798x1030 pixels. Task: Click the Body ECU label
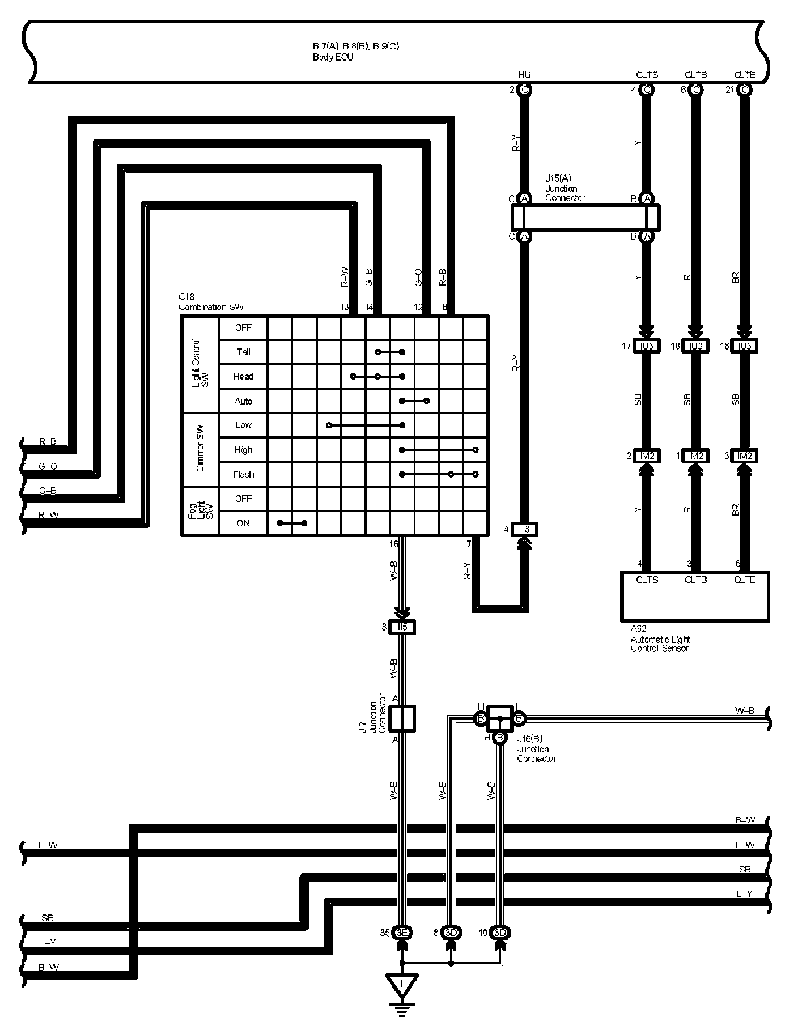[333, 57]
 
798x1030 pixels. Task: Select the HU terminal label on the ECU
[524, 75]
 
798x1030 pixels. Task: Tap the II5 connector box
[402, 627]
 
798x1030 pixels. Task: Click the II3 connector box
[524, 529]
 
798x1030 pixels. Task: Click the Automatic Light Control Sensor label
[660, 644]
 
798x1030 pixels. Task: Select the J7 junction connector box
[402, 718]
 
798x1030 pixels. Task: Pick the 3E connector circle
[402, 933]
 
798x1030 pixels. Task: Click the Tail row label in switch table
[243, 352]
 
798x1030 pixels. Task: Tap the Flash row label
[243, 474]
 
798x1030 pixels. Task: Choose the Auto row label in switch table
[243, 401]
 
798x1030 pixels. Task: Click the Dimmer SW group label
[200, 450]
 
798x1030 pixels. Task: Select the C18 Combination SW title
[211, 303]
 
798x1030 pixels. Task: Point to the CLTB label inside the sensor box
[695, 580]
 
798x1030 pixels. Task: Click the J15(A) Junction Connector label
[564, 189]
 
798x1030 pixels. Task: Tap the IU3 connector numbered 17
[647, 346]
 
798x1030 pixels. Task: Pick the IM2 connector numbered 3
[744, 456]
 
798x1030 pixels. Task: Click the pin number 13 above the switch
[344, 307]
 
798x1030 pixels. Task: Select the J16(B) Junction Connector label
[536, 749]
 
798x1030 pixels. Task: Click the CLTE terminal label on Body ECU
[745, 75]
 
